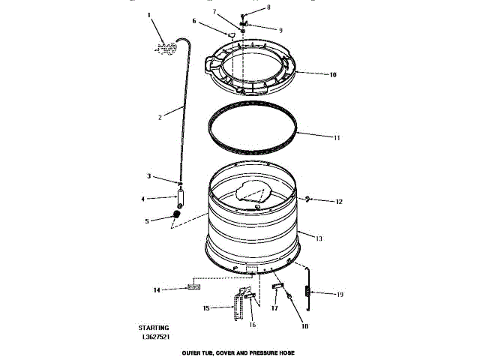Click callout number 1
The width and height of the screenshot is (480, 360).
148,14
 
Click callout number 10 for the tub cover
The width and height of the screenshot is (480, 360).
333,74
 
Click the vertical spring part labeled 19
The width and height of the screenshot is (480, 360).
307,288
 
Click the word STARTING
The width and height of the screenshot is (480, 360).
154,328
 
